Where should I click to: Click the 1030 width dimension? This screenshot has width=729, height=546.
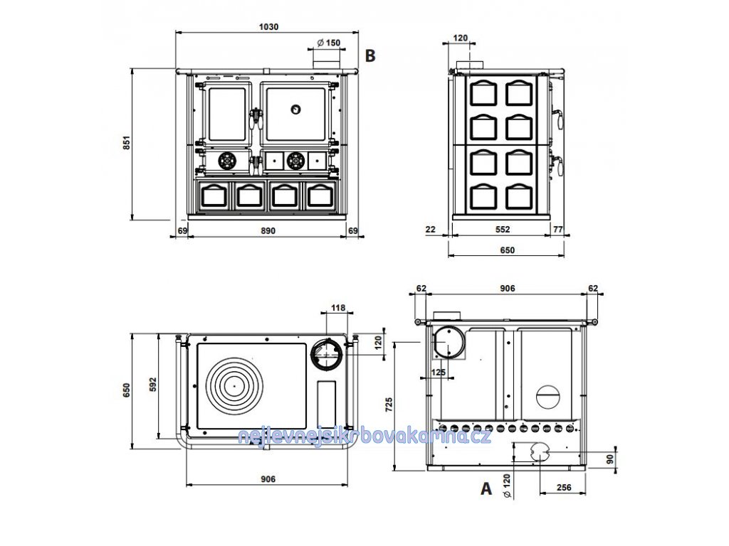click(x=268, y=27)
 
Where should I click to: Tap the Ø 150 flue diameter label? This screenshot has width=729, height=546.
click(x=329, y=43)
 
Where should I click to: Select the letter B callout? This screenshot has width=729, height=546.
click(x=370, y=55)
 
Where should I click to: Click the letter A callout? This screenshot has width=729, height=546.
click(x=486, y=488)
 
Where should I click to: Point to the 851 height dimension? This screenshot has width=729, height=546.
click(x=127, y=142)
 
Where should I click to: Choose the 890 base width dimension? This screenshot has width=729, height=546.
click(x=268, y=231)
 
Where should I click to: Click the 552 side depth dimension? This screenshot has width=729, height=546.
click(x=503, y=230)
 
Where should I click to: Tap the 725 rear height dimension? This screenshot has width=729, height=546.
click(x=389, y=405)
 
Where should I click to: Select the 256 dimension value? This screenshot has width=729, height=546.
click(x=564, y=488)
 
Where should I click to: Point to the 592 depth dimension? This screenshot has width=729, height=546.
click(x=153, y=385)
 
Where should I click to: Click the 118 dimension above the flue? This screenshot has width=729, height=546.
click(x=338, y=307)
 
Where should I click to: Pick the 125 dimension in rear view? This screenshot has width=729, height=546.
click(x=439, y=372)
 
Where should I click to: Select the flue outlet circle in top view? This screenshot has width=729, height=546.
click(x=327, y=354)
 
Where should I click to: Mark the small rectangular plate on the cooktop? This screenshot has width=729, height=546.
click(x=326, y=404)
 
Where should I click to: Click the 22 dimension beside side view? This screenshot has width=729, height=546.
click(x=431, y=230)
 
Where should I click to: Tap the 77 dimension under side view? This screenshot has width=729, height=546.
click(x=558, y=230)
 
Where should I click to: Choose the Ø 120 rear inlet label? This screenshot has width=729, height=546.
click(x=507, y=486)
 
